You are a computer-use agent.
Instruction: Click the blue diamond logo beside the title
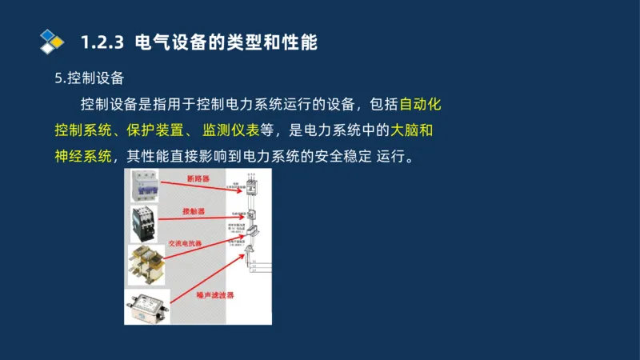tap(51, 41)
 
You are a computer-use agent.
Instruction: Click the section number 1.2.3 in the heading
tap(105, 42)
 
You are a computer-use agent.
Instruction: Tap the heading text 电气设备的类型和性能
tap(227, 42)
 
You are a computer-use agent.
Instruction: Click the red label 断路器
tap(198, 179)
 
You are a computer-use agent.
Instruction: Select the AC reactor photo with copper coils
tap(146, 264)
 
